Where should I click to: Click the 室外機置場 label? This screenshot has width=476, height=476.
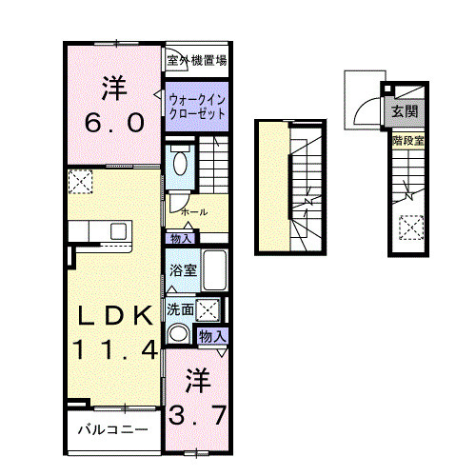(196, 60)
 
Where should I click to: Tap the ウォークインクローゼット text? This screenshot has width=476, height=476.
(197, 105)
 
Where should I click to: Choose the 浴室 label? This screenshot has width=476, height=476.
(183, 270)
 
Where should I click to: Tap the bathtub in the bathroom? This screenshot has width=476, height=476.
(214, 272)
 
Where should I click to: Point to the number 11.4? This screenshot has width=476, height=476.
(110, 349)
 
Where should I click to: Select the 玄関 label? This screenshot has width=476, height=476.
(403, 111)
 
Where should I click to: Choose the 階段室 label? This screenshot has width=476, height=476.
(407, 141)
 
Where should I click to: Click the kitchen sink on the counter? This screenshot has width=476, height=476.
(119, 231)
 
